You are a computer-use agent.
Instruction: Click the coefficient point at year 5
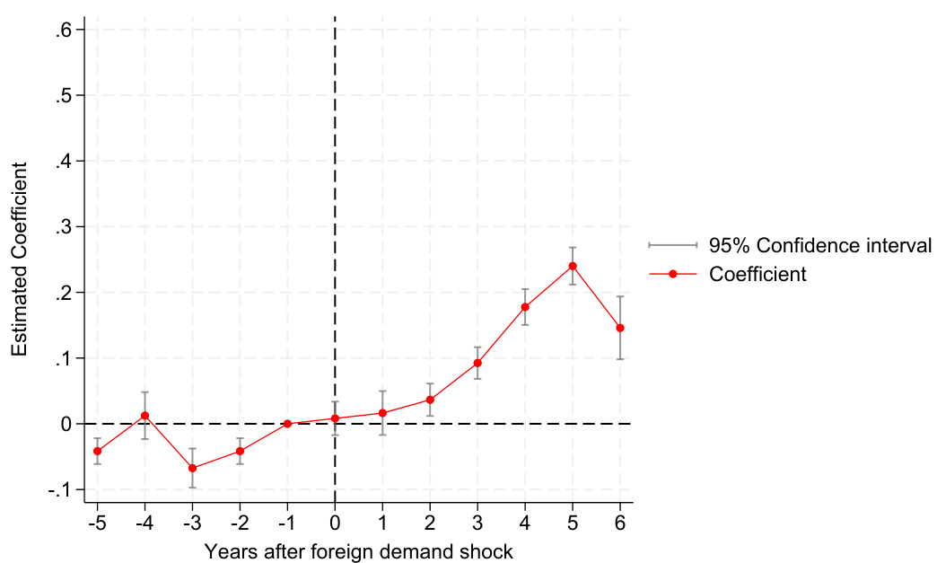573,266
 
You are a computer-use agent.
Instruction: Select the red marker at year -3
192,468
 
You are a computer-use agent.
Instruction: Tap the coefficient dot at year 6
620,328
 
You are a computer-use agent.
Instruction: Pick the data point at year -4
144,416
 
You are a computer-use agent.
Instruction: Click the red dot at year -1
287,424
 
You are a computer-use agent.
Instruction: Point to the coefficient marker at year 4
525,307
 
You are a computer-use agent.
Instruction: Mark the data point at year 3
477,363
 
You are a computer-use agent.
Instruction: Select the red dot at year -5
97,451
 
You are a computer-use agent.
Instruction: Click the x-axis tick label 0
335,523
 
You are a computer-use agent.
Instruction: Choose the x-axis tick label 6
620,523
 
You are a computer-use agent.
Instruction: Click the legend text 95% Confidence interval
820,245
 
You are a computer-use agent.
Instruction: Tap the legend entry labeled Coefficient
757,274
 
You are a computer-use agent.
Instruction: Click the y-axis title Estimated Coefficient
19,259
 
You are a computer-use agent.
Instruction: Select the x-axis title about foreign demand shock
358,550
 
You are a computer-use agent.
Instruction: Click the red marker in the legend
672,274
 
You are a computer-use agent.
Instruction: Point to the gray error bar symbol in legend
672,245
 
